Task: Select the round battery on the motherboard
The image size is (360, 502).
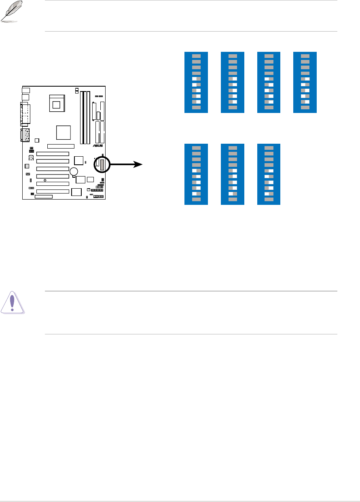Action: (73, 172)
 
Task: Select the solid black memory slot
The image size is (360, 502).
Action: (82, 117)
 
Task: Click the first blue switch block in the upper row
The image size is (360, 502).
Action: (196, 82)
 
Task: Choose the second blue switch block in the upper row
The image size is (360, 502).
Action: (233, 82)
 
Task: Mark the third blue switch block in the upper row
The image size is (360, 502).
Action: (269, 82)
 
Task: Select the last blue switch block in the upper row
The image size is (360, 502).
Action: (305, 82)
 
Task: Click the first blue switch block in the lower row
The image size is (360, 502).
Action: (196, 174)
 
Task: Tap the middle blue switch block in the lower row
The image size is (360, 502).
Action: (233, 174)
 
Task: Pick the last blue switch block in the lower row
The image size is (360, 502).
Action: (269, 174)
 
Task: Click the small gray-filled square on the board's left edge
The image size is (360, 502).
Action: (27, 166)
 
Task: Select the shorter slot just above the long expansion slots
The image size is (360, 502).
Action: (61, 146)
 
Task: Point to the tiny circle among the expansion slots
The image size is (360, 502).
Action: (45, 180)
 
